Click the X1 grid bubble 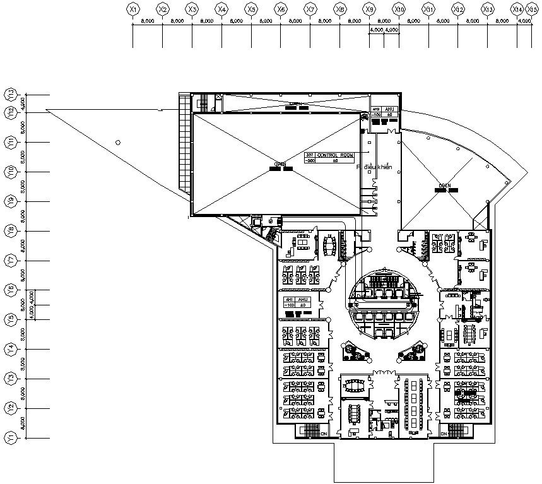pyautogui.click(x=133, y=9)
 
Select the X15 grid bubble pyautogui.click(x=533, y=9)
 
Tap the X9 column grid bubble pyautogui.click(x=370, y=9)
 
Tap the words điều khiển pyautogui.click(x=377, y=167)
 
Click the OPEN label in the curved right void pyautogui.click(x=445, y=186)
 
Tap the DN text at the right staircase pyautogui.click(x=444, y=434)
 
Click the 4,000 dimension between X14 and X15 pyautogui.click(x=524, y=20)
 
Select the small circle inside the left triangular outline pyautogui.click(x=117, y=143)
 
